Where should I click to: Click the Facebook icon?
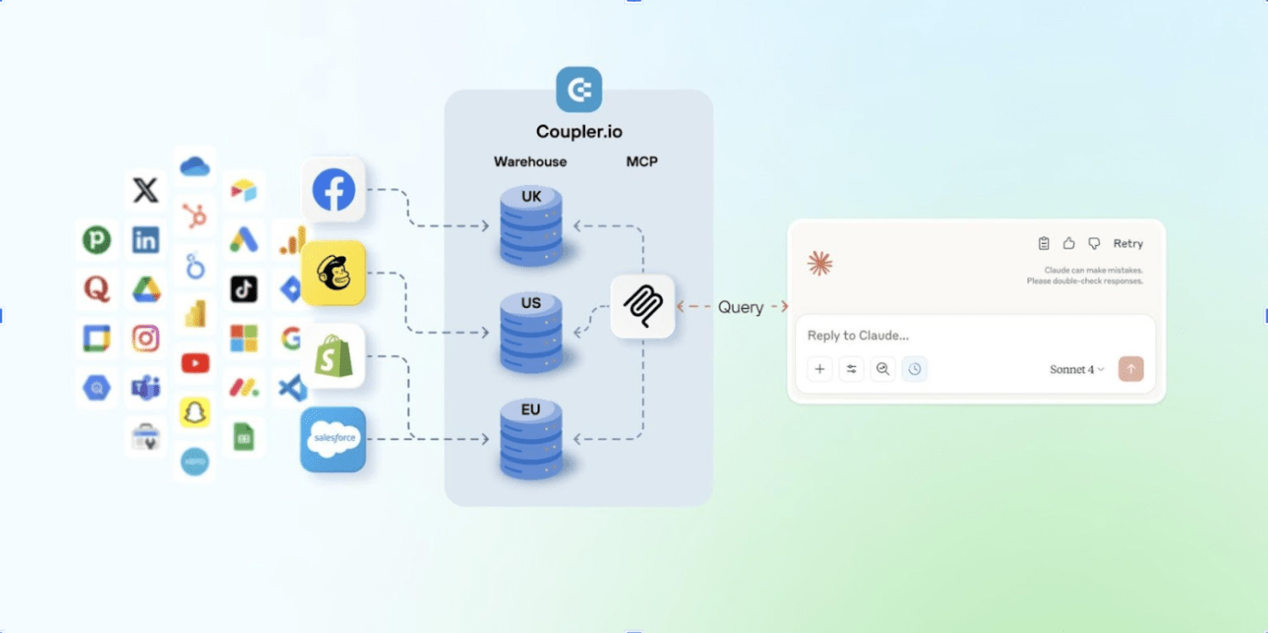(334, 190)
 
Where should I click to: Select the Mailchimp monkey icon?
(334, 274)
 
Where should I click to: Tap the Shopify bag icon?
(334, 357)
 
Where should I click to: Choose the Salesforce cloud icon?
(334, 440)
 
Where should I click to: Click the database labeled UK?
(531, 226)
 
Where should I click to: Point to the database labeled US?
(531, 333)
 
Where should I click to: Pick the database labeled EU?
(531, 439)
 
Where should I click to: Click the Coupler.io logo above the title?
(579, 90)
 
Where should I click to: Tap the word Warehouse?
(530, 162)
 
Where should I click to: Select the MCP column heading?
(642, 162)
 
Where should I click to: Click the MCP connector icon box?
(642, 306)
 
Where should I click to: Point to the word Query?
(740, 307)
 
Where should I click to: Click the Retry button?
(1128, 244)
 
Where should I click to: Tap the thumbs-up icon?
(1068, 244)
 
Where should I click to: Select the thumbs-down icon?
(1094, 244)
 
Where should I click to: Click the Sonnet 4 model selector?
(1077, 370)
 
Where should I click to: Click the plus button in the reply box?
(820, 370)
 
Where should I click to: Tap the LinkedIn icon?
(145, 240)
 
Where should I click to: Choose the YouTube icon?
(195, 363)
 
